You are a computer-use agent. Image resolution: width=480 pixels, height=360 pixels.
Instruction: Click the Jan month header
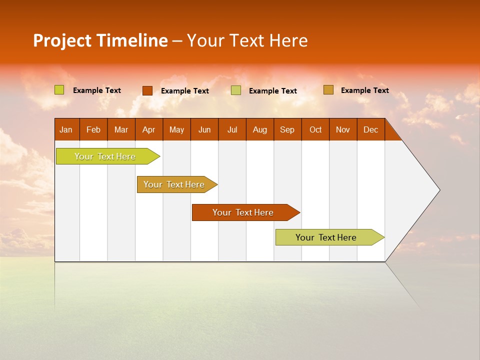pyautogui.click(x=66, y=129)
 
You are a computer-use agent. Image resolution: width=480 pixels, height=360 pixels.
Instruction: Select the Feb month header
pyautogui.click(x=93, y=129)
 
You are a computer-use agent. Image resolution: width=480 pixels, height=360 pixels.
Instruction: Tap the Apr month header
pyautogui.click(x=148, y=129)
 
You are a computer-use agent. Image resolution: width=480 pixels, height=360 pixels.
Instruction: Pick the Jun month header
pyautogui.click(x=204, y=129)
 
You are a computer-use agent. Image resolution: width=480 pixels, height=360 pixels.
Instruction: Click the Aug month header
pyautogui.click(x=259, y=129)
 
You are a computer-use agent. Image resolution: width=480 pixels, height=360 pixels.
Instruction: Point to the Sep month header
pyautogui.click(x=287, y=129)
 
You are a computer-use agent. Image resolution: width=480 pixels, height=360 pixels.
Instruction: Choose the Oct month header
pyautogui.click(x=315, y=129)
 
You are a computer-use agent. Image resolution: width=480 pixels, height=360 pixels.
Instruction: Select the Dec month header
pyautogui.click(x=370, y=129)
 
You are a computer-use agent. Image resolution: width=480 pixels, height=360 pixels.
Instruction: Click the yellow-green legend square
pyautogui.click(x=59, y=90)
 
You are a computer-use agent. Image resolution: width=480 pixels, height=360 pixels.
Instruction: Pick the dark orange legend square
pyautogui.click(x=147, y=90)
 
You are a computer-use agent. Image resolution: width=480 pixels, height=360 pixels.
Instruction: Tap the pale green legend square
pyautogui.click(x=236, y=90)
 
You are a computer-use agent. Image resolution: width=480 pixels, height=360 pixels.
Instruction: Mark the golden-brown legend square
pyautogui.click(x=328, y=90)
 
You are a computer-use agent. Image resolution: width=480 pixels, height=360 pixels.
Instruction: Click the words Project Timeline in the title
pyautogui.click(x=100, y=40)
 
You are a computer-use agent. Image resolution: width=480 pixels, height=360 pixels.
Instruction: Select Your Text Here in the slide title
pyautogui.click(x=247, y=40)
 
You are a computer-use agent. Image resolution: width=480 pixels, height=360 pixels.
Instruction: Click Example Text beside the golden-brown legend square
pyautogui.click(x=364, y=90)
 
